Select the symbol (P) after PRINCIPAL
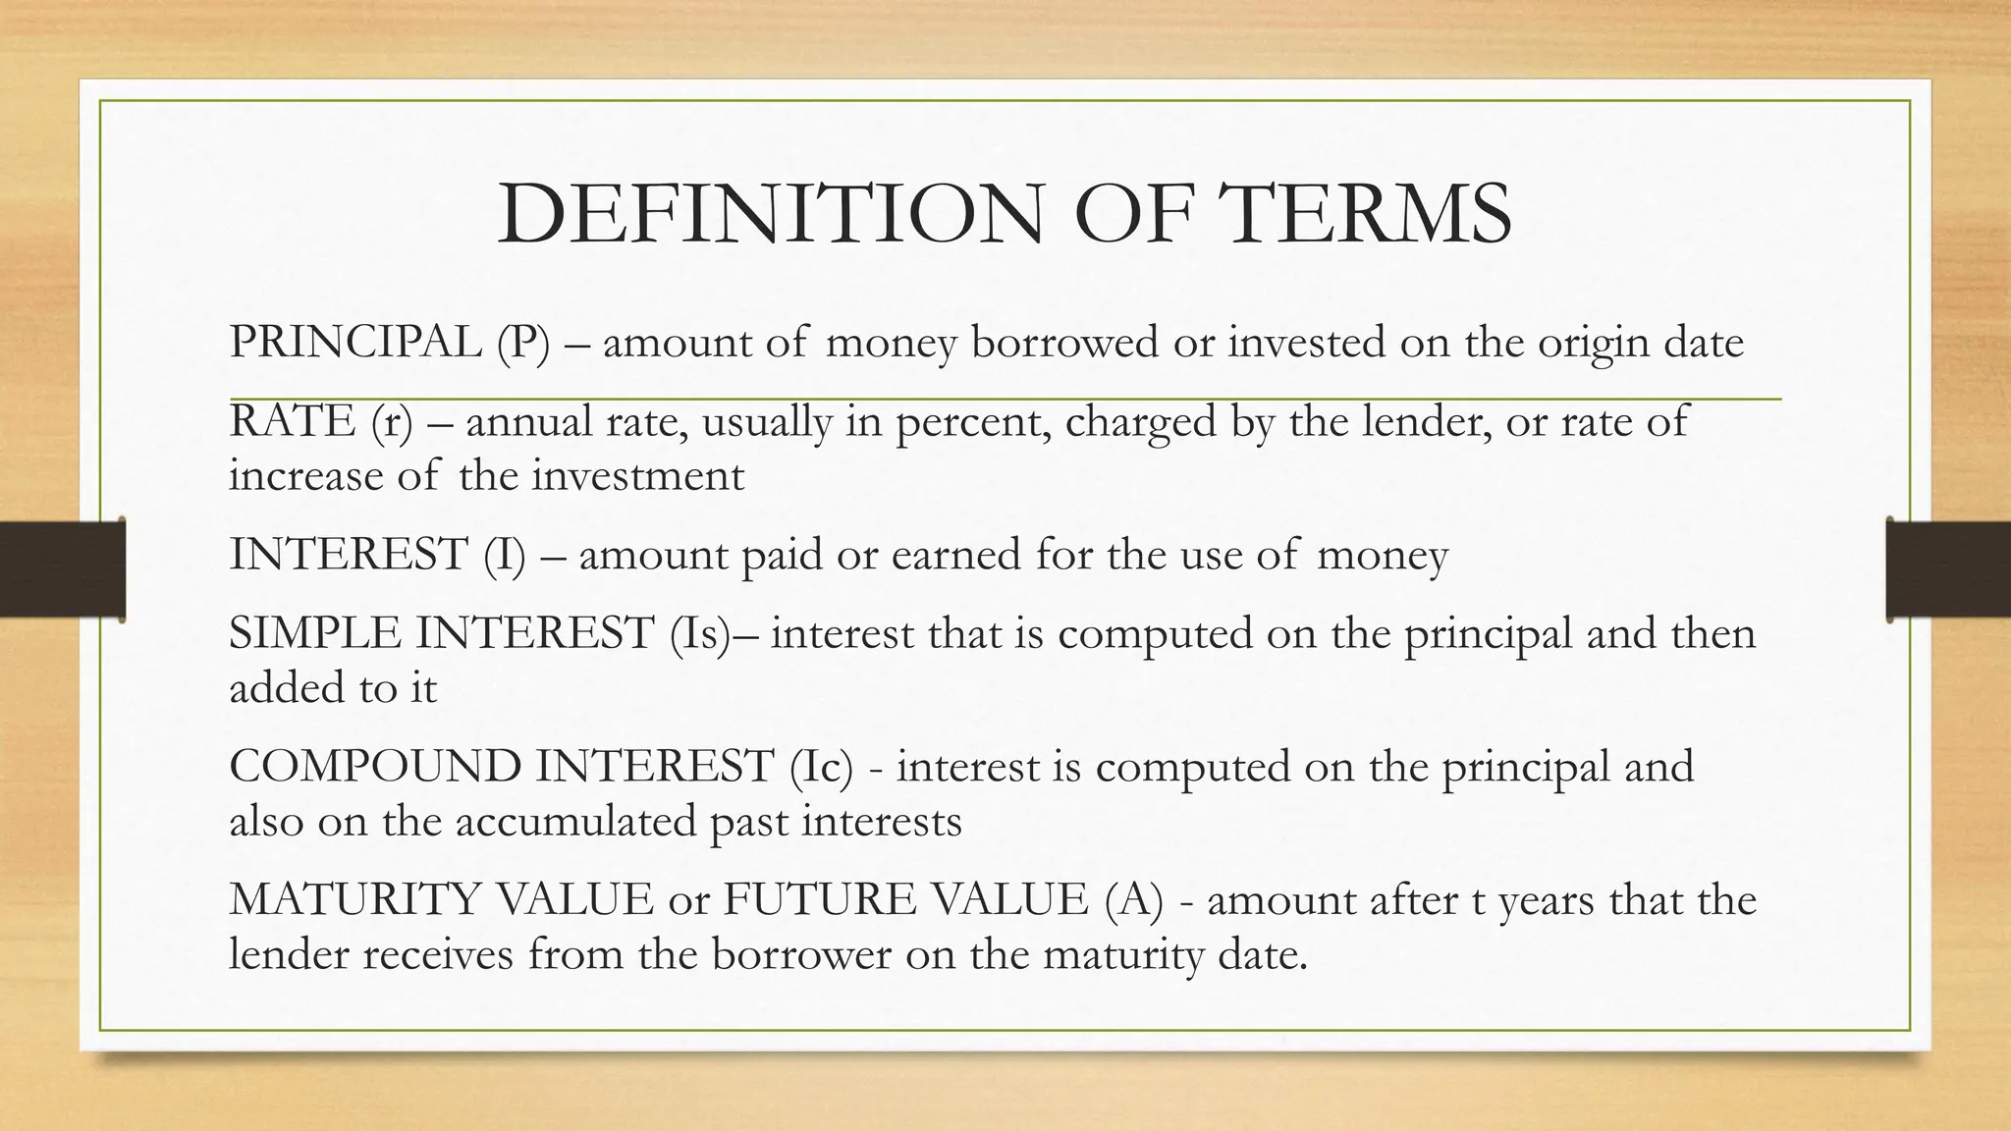pos(522,343)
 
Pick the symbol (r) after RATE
pos(392,422)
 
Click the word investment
pos(638,476)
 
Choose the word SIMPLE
pos(313,633)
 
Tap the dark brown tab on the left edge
pos(62,569)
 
